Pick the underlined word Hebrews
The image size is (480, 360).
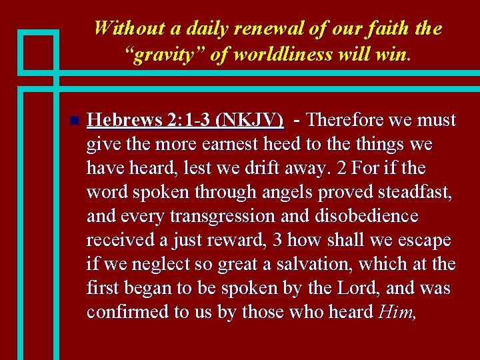pos(125,121)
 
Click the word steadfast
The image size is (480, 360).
pos(419,193)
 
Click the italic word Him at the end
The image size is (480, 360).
pos(396,313)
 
